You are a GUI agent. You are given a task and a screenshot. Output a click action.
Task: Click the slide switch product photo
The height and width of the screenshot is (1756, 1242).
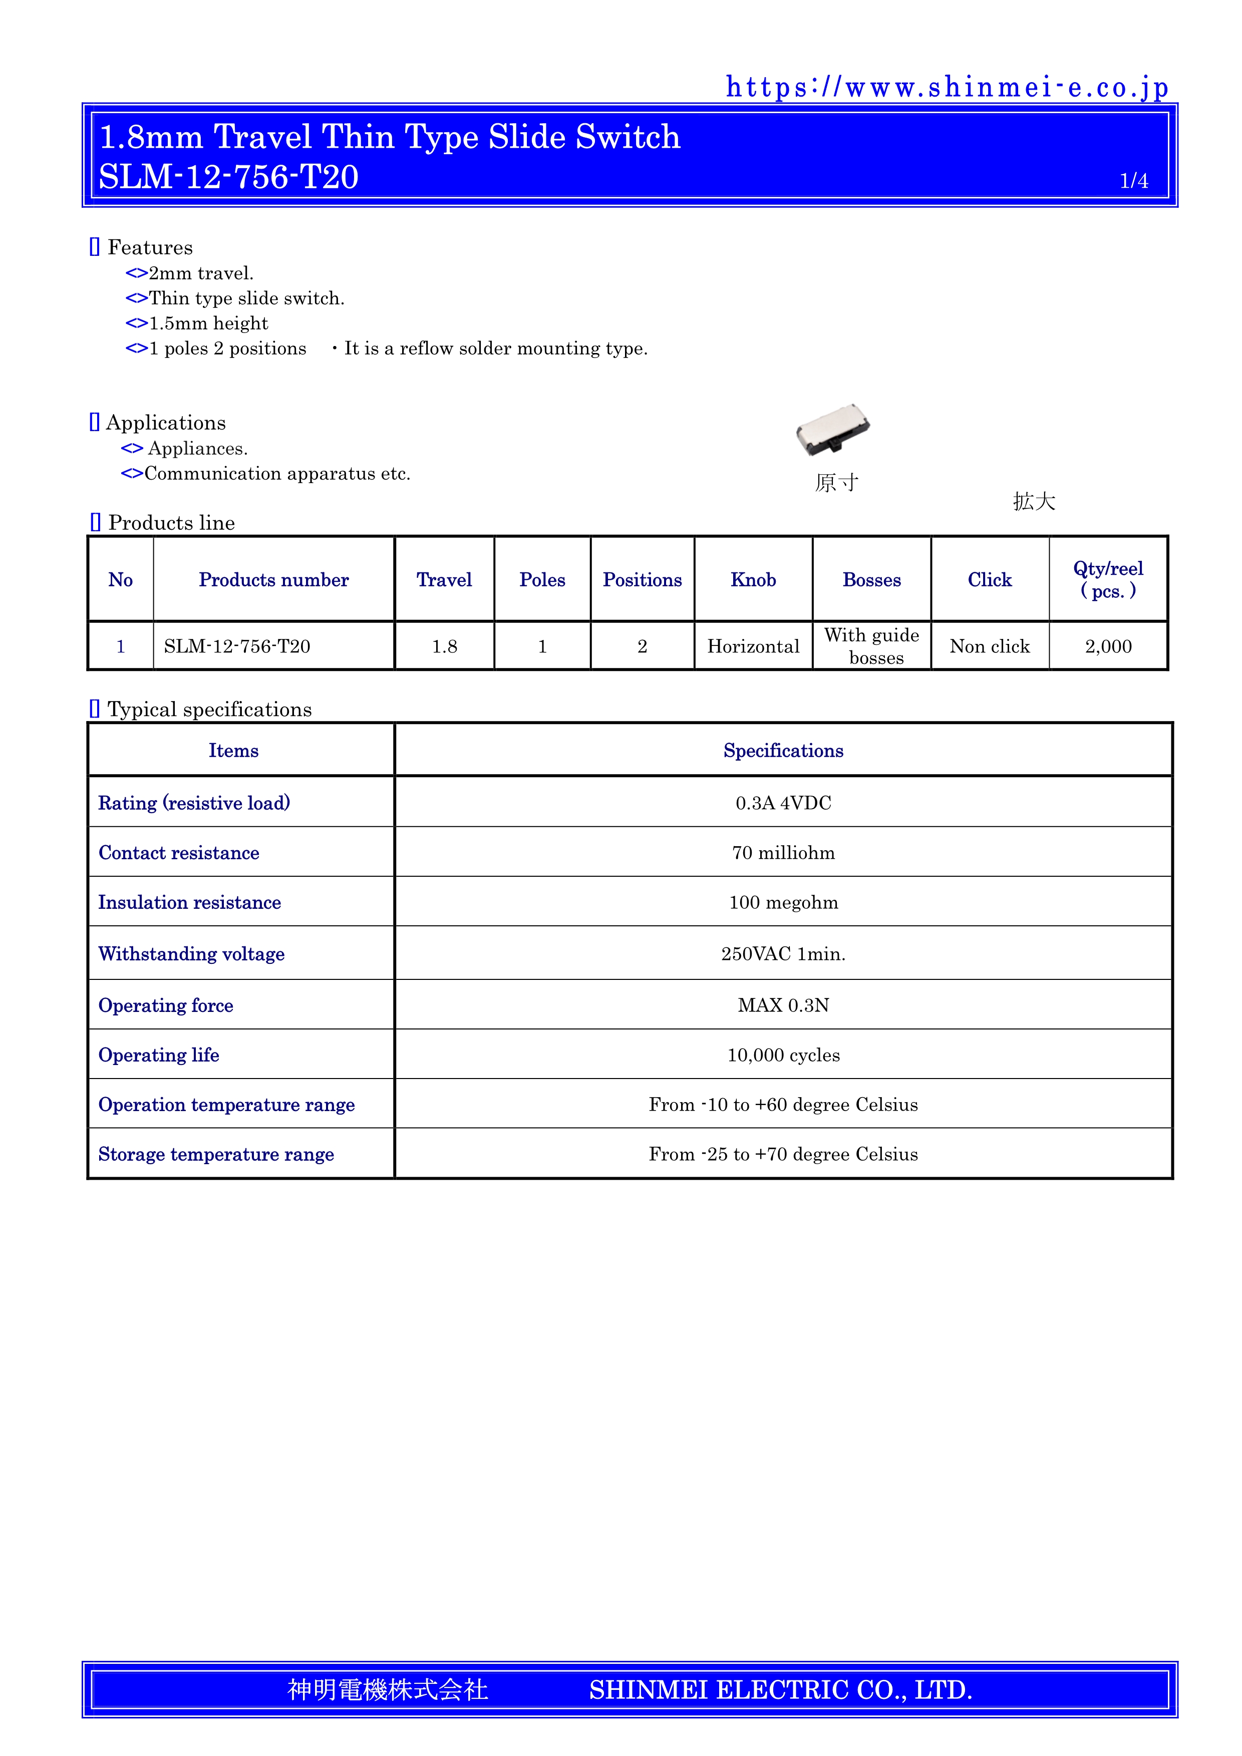(833, 430)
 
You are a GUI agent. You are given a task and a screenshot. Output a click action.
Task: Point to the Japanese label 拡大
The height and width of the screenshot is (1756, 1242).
(1034, 502)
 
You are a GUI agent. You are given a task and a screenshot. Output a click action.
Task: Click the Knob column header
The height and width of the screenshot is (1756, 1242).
(753, 580)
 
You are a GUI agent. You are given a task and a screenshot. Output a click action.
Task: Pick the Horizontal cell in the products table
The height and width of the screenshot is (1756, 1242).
(753, 646)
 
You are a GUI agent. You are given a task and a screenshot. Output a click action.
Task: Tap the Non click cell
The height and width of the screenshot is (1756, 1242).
(989, 646)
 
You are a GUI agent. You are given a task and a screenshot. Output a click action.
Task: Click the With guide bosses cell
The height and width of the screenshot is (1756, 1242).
(872, 646)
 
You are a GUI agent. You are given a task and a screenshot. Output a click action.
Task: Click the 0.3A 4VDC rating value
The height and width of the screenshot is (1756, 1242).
(783, 803)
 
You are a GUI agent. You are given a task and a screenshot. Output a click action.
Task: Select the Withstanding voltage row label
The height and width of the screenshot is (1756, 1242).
(191, 954)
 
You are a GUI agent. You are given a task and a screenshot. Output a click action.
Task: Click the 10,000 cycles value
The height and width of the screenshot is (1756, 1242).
(783, 1056)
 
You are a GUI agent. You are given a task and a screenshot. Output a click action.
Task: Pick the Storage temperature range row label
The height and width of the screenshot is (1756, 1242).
(216, 1154)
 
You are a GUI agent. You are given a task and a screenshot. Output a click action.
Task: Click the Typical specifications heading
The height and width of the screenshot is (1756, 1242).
(209, 710)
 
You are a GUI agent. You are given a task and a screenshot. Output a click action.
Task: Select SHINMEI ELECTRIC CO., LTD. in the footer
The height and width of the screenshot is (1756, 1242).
(780, 1689)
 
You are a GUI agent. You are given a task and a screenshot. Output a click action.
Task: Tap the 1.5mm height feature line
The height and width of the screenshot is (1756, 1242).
(208, 323)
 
